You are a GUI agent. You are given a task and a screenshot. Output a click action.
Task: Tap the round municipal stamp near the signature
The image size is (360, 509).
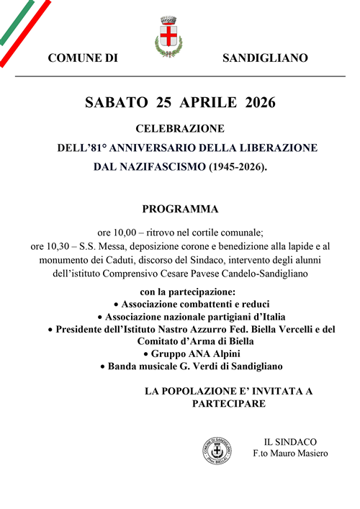[x=217, y=451]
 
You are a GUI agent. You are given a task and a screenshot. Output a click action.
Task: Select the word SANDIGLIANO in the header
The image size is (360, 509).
[x=265, y=58]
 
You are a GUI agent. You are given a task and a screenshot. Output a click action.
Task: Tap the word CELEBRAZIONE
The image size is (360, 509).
[x=180, y=130]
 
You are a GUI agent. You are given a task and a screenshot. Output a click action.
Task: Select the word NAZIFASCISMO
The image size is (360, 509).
[x=150, y=167]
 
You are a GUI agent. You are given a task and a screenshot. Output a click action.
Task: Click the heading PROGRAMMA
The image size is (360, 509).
[x=180, y=210]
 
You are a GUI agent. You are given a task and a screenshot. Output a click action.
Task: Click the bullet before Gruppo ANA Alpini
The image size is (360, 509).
[x=146, y=354]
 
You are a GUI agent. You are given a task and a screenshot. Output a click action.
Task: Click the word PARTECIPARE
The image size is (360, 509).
[x=229, y=404]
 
